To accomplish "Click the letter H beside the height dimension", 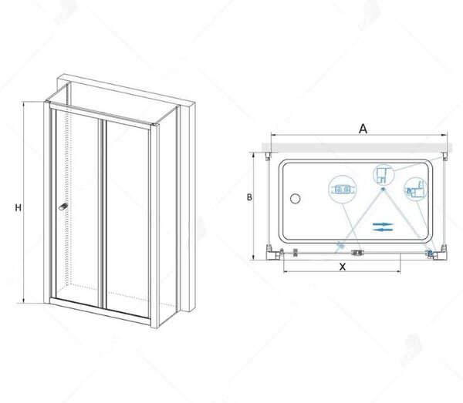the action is point(19,207).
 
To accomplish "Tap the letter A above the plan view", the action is point(363,129).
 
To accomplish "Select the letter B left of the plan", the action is point(249,197).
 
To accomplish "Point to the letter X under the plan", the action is point(342,267).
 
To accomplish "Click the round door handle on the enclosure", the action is point(63,207).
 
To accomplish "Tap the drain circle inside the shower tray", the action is point(295,199).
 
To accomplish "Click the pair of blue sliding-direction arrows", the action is point(383,227).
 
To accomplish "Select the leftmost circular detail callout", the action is point(342,190).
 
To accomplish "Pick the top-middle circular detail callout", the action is point(384,174).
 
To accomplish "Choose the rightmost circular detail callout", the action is point(416,190).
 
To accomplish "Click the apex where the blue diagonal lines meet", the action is point(384,189).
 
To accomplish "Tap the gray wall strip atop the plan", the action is point(357,148).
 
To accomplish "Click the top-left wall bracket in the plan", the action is point(268,156).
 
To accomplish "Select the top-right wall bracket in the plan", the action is point(444,156).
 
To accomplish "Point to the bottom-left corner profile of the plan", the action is point(273,253).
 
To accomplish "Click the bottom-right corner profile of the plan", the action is point(437,253).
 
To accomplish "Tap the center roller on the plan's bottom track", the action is point(357,253).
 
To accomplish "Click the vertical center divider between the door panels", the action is point(103,214).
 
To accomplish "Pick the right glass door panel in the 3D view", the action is point(127,219).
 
